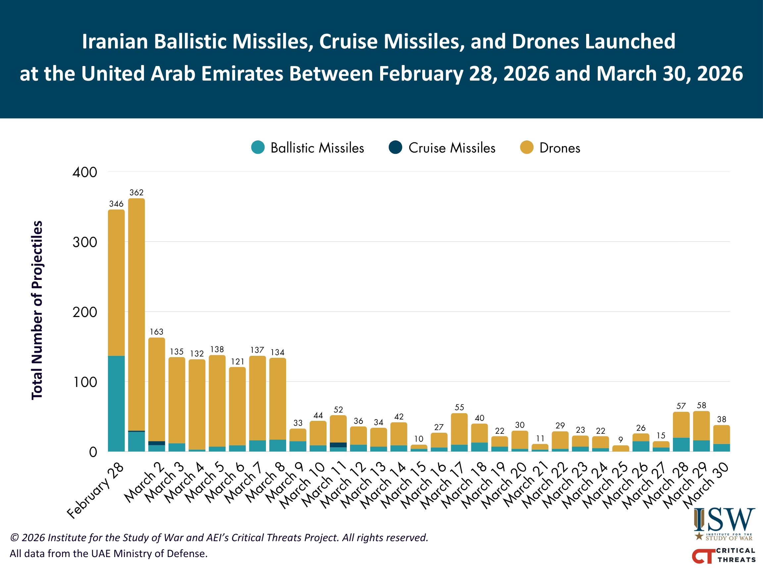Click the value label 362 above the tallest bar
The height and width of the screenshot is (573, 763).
(136, 192)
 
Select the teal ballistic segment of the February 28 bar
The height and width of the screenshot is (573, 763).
(116, 404)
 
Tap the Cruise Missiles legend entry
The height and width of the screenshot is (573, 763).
(442, 148)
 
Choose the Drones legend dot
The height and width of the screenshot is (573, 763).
(527, 147)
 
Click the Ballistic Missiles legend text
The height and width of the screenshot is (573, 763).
(317, 148)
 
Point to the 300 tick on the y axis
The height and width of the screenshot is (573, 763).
(85, 242)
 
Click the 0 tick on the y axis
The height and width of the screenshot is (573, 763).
(93, 452)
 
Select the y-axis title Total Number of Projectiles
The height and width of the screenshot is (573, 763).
(37, 310)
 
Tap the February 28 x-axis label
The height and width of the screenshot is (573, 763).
(95, 490)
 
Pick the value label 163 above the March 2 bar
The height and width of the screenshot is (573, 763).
(156, 332)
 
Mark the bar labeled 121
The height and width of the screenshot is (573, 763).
(237, 409)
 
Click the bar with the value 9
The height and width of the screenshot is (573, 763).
(621, 448)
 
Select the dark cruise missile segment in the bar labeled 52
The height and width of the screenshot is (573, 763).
(338, 445)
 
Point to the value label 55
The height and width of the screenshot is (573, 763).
(459, 407)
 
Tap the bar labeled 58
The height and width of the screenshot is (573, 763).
(701, 431)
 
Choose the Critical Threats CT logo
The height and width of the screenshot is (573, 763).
(723, 555)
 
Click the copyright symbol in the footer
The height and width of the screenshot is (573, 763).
(14, 538)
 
